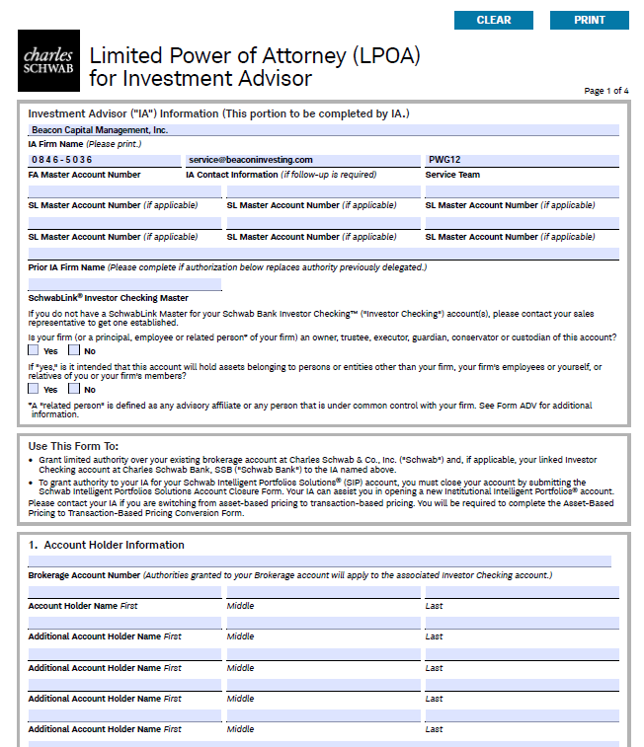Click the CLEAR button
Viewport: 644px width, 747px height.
pos(493,20)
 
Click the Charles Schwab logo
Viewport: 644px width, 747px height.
pos(47,61)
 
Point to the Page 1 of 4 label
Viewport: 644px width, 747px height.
pos(605,91)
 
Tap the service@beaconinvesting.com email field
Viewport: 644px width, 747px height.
pos(302,160)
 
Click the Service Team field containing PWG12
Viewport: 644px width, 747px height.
pos(522,160)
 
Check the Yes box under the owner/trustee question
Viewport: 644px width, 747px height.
pos(35,350)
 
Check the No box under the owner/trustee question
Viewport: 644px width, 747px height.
pos(75,350)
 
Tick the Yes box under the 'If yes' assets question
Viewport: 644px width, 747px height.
pos(35,389)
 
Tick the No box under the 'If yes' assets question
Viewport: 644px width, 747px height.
pos(75,389)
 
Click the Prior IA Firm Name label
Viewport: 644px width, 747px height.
pos(66,267)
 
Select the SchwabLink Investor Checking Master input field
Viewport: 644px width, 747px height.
pos(124,284)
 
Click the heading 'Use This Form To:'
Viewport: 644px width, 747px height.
pos(74,446)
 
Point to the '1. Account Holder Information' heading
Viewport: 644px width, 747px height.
pos(106,545)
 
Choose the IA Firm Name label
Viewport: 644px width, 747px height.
pos(55,144)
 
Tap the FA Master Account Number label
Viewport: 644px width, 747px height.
pos(84,175)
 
